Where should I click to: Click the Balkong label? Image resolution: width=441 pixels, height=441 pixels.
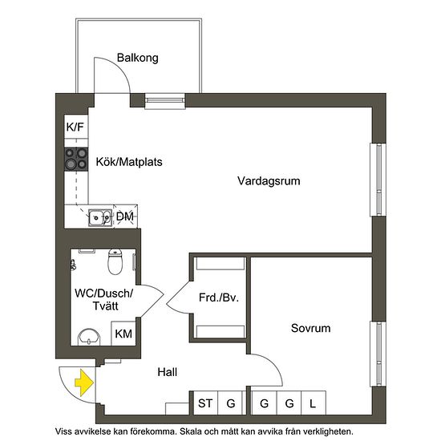[x=137, y=58]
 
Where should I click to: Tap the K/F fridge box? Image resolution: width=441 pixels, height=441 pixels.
[x=75, y=127]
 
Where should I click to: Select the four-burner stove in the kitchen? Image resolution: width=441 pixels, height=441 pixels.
[x=76, y=159]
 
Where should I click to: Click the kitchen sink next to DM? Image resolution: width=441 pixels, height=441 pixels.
[x=100, y=216]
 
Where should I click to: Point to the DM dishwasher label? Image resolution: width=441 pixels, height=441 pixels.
[x=124, y=216]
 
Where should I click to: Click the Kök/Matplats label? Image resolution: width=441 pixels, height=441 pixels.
[x=129, y=161]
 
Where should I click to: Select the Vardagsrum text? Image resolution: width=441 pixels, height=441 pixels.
[x=269, y=181]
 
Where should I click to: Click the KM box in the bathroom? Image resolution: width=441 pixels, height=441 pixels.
[x=123, y=334]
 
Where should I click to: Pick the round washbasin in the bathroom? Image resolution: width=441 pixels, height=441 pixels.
[x=87, y=336]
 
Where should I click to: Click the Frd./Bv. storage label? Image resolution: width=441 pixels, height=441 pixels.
[x=220, y=298]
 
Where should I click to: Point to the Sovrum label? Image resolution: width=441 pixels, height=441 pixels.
[x=310, y=328]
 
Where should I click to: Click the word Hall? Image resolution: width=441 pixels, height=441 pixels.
[x=167, y=372]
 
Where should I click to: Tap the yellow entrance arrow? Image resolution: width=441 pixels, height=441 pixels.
[x=83, y=384]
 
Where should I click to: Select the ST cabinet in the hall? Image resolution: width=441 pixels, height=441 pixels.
[x=205, y=403]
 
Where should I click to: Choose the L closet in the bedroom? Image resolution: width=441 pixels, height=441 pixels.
[x=314, y=403]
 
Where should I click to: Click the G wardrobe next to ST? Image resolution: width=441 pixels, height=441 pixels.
[x=231, y=403]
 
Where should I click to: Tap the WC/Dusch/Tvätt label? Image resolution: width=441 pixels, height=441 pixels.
[x=103, y=301]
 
